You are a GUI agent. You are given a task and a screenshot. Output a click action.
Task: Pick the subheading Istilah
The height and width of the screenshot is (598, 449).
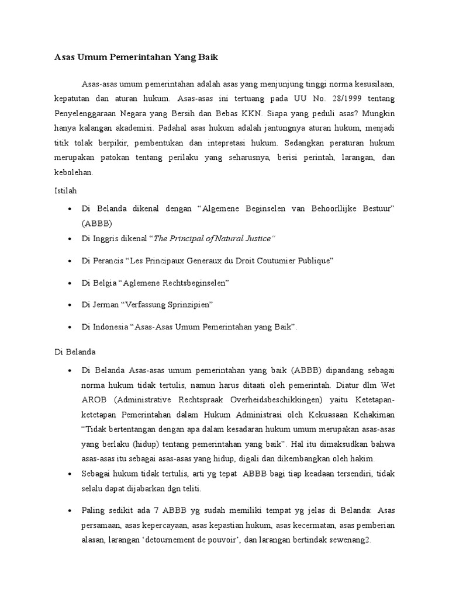[x=58, y=190]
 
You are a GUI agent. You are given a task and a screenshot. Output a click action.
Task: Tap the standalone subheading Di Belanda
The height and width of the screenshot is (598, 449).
[x=71, y=352]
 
